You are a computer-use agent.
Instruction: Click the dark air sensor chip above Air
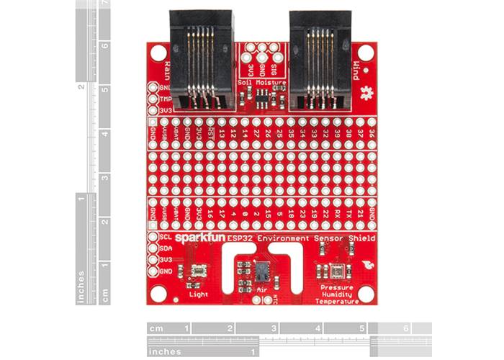[261, 271]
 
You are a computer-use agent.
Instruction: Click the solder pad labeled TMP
[153, 99]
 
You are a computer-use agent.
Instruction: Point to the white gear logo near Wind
[369, 92]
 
